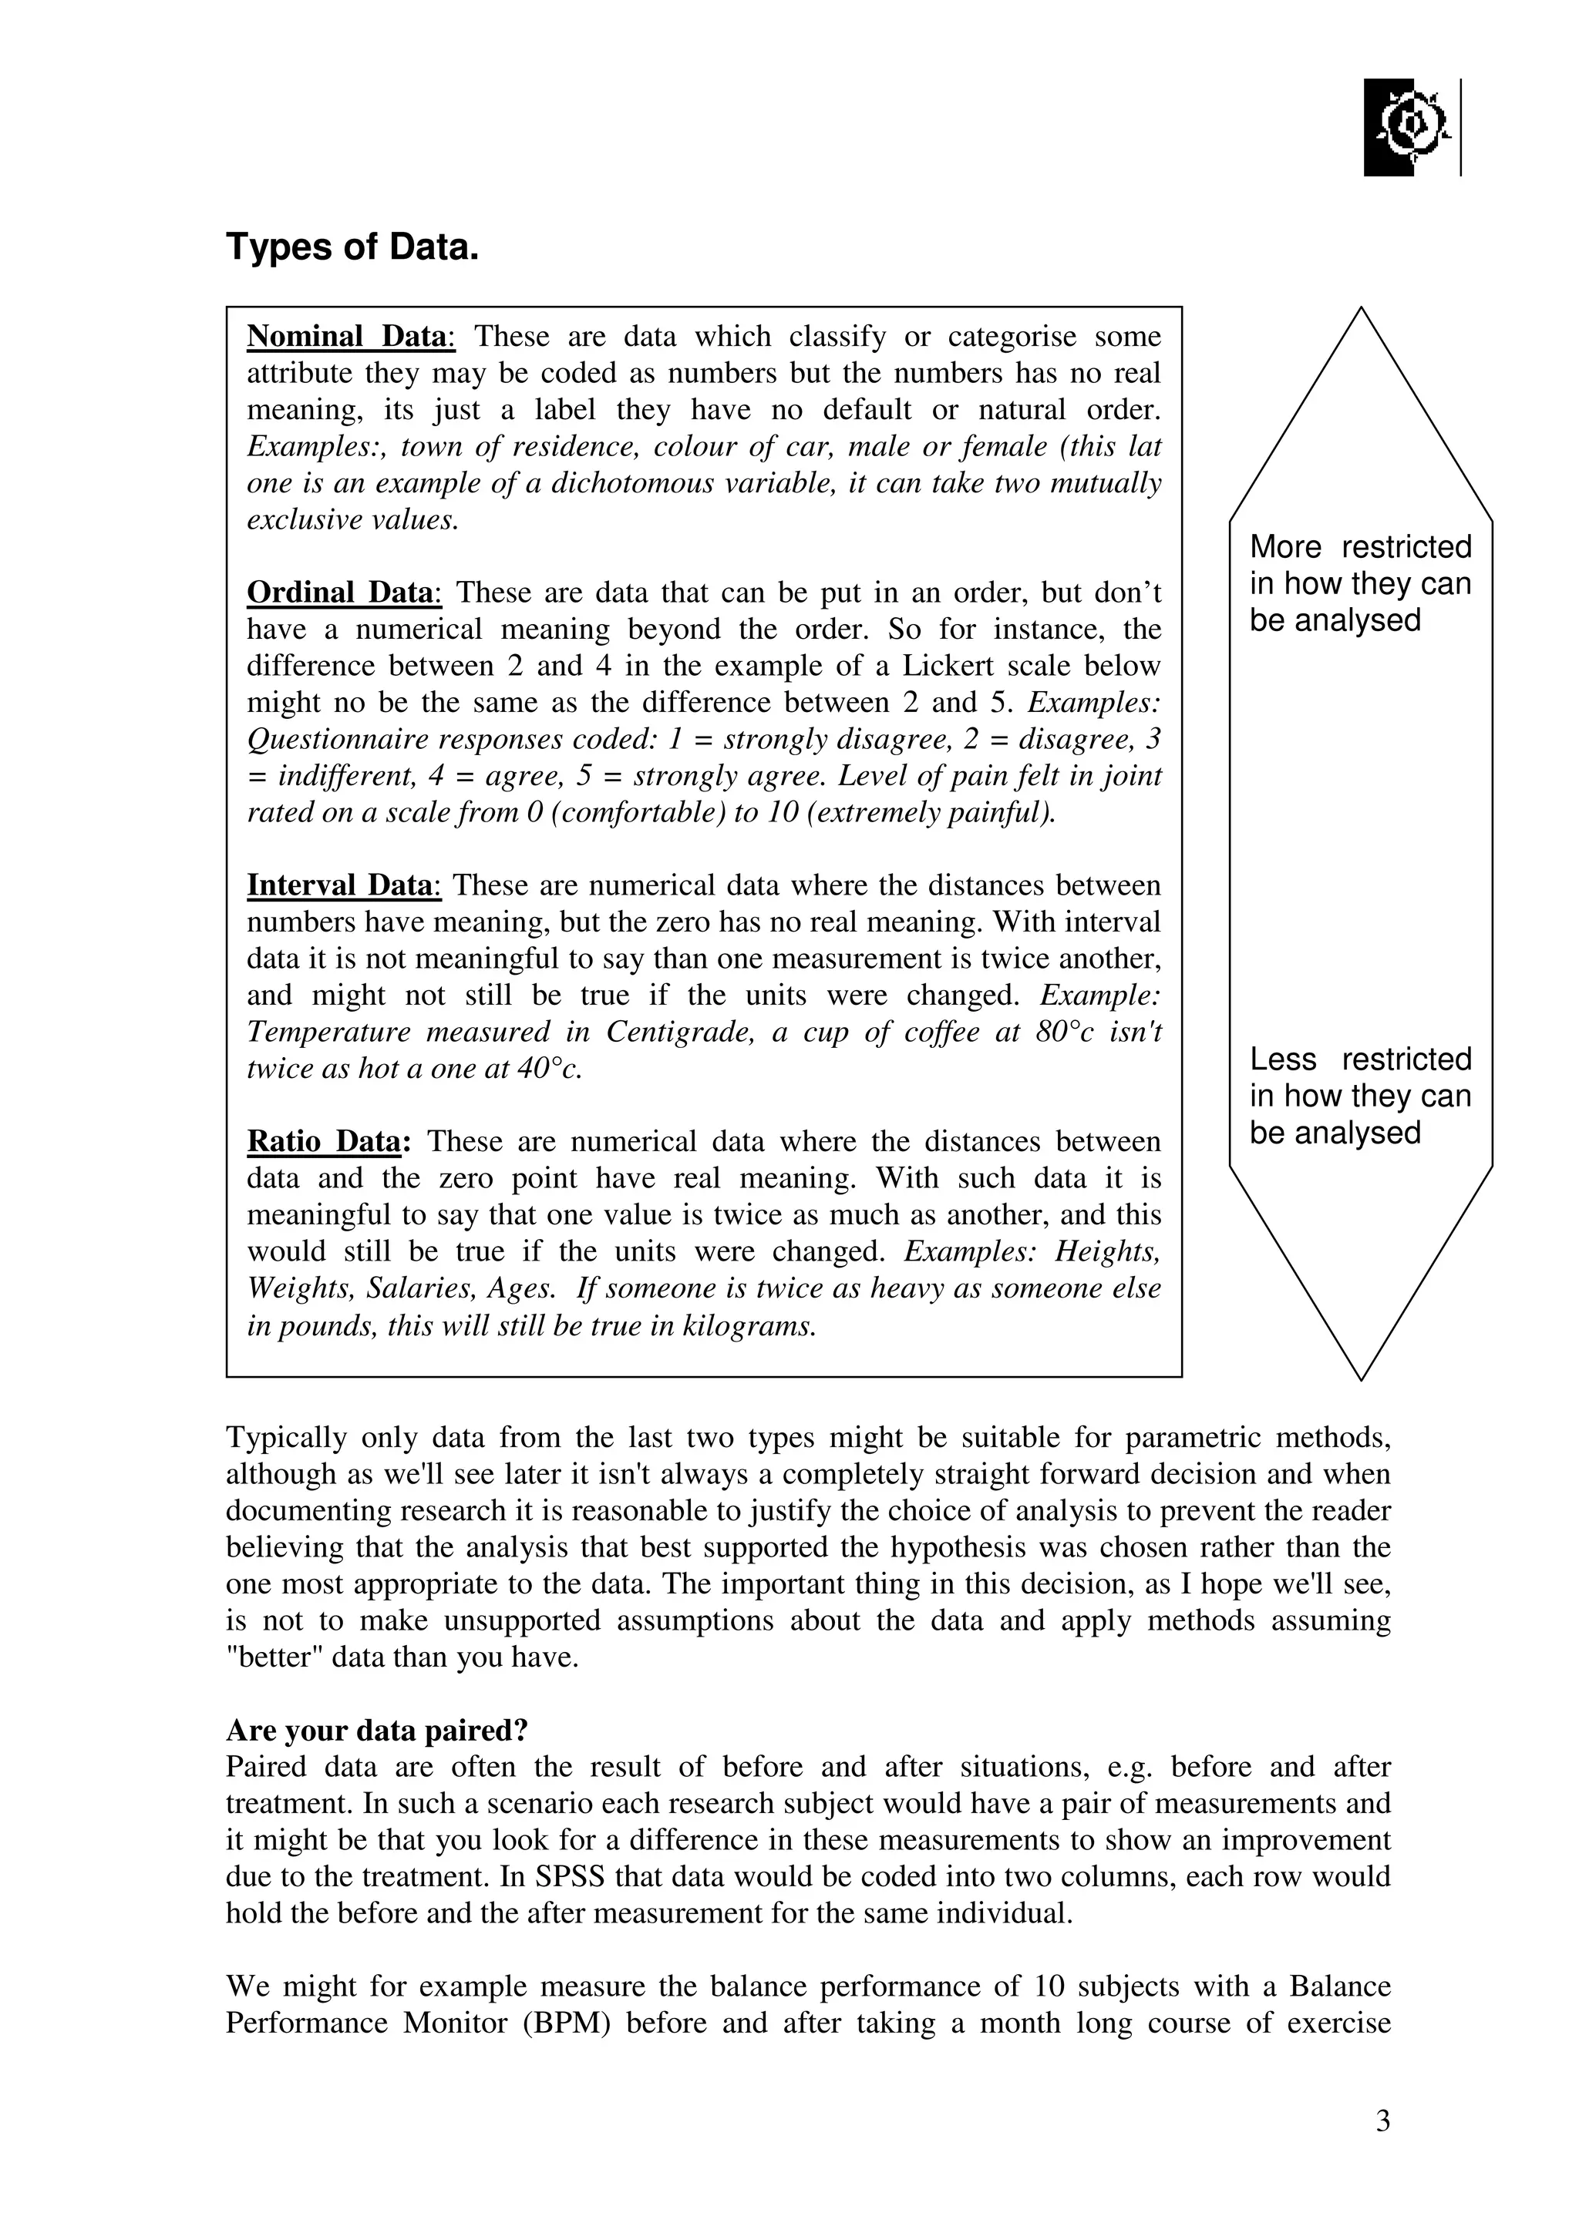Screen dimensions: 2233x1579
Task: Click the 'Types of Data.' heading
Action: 352,247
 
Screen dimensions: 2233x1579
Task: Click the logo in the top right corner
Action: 1409,127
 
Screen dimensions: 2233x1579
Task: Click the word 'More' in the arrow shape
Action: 1285,548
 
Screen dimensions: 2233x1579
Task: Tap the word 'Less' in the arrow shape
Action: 1283,1059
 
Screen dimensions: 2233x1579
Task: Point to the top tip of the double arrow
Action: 1360,309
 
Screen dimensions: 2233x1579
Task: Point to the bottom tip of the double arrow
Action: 1360,1378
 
